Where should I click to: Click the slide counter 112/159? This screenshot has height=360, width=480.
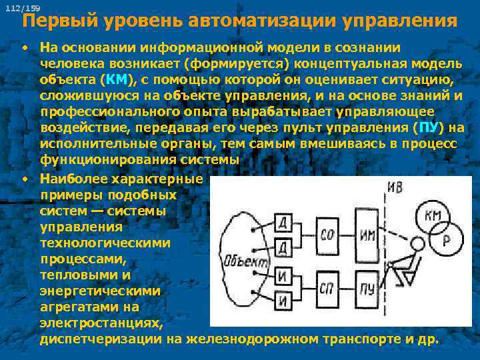[21, 7]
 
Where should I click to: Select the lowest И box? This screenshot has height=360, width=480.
[283, 301]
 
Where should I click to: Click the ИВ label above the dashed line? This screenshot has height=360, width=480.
[395, 187]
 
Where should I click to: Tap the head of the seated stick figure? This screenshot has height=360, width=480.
[417, 244]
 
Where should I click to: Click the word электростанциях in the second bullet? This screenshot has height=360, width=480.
[100, 323]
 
